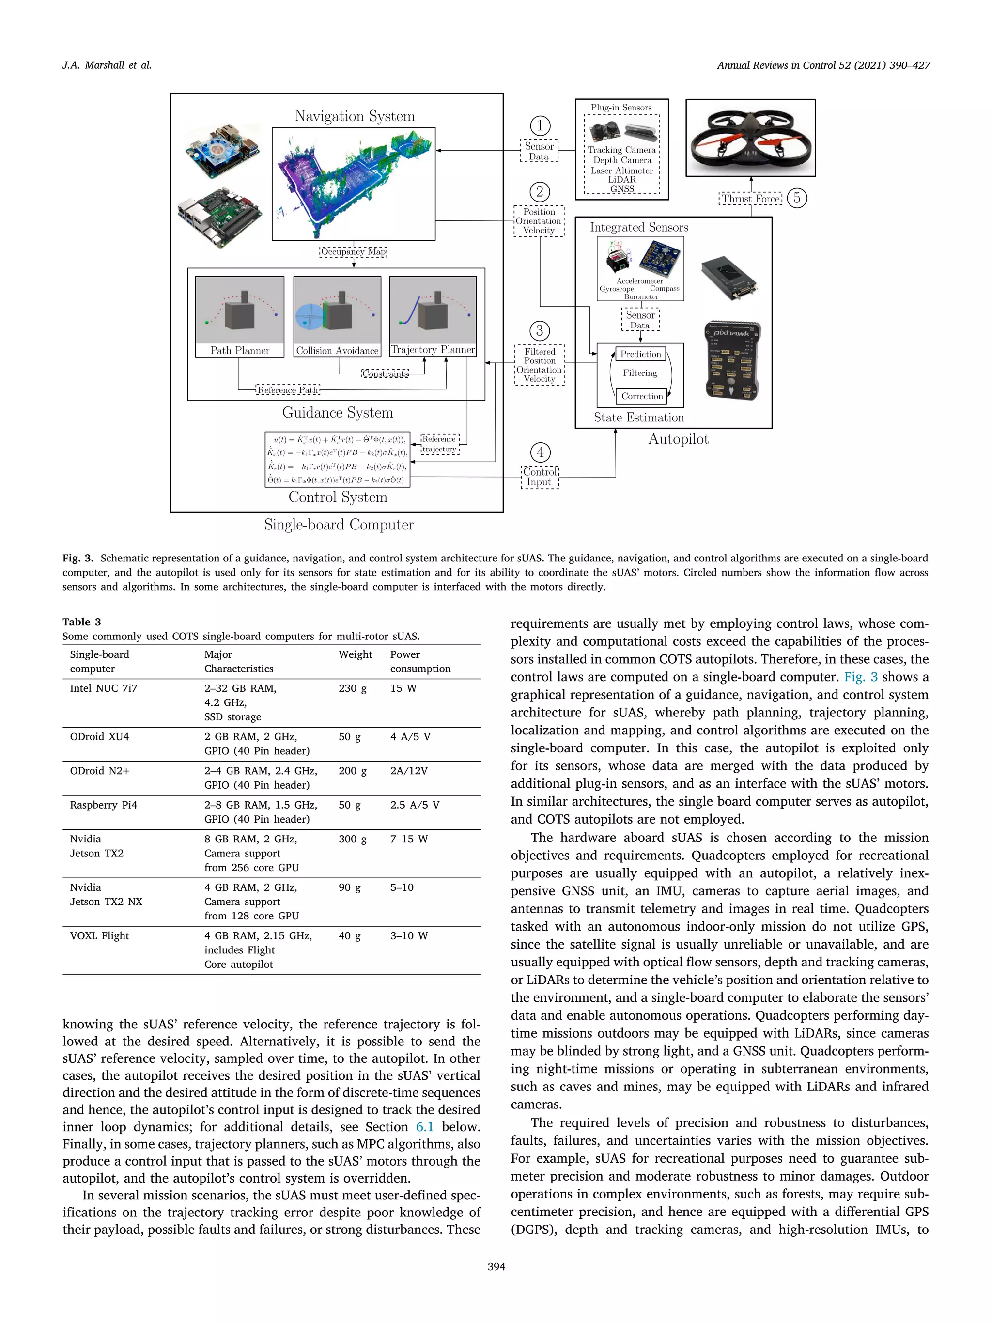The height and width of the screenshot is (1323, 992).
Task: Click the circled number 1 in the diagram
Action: tap(540, 125)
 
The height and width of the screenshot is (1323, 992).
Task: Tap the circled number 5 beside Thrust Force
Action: tap(796, 198)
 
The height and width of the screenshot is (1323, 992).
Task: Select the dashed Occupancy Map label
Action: tap(354, 252)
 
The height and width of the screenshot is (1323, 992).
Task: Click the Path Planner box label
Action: tap(239, 350)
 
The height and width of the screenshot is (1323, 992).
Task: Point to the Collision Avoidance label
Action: tap(337, 350)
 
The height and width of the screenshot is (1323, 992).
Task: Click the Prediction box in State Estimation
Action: tap(640, 354)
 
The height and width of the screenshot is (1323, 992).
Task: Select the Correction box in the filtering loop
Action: tap(642, 396)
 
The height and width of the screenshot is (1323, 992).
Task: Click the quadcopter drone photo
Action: tap(750, 138)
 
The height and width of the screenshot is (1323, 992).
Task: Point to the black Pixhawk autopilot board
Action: tap(733, 360)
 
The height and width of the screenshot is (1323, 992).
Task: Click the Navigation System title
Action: tap(355, 116)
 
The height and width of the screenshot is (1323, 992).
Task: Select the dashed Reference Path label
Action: tap(288, 390)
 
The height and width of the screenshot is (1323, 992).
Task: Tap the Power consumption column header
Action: tap(420, 662)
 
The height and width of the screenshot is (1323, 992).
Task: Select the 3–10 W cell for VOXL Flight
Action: tap(409, 936)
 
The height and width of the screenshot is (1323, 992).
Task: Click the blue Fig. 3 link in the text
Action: tap(860, 677)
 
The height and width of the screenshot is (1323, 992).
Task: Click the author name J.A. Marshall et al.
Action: tap(107, 65)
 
